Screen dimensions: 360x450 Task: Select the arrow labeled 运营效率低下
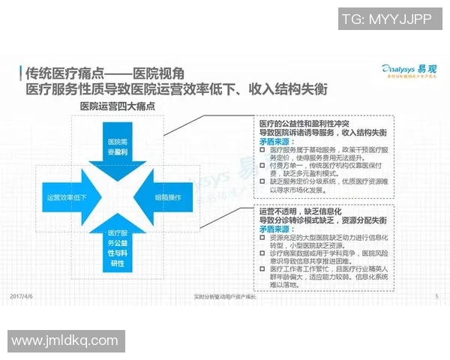[x=67, y=198]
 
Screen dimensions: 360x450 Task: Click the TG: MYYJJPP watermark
[x=386, y=20]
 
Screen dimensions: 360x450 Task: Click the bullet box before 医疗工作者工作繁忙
[x=262, y=268]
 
